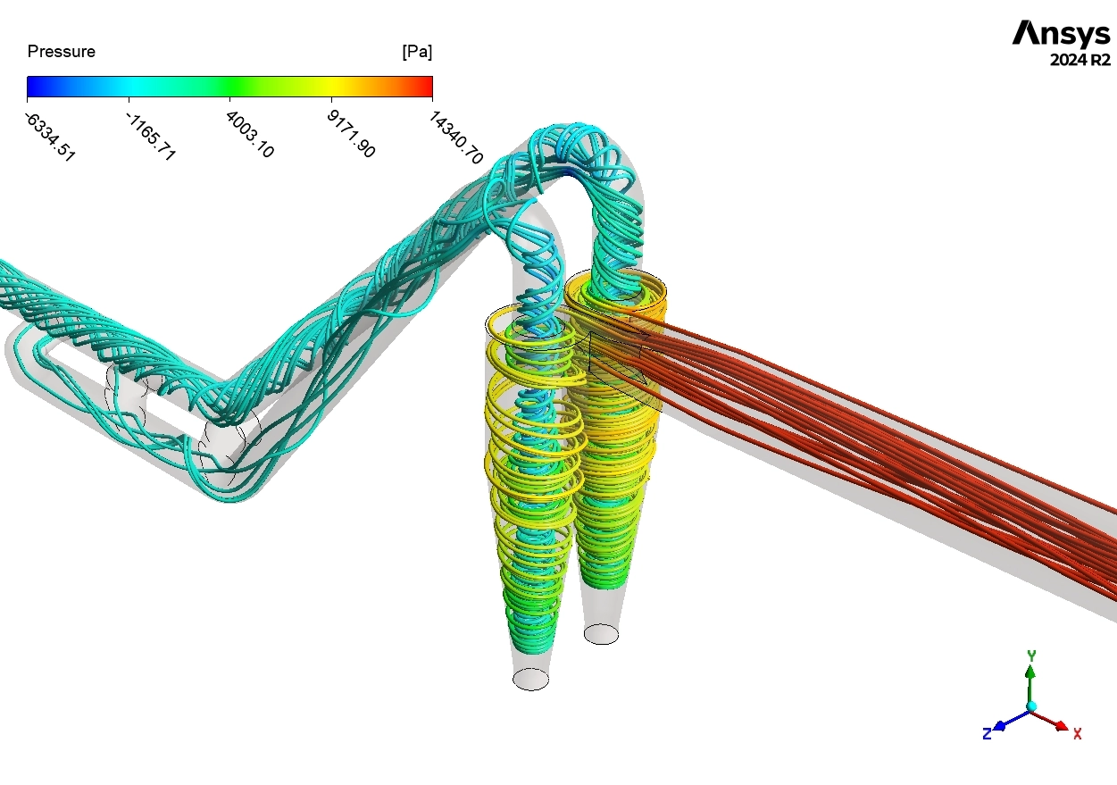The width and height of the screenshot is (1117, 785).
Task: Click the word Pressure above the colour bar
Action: [x=62, y=52]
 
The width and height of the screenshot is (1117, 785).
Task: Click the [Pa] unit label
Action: [x=417, y=52]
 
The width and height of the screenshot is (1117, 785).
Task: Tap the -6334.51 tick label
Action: [x=50, y=137]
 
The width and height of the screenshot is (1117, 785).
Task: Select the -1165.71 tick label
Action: [x=151, y=136]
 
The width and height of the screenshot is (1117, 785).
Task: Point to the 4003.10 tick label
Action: [x=250, y=134]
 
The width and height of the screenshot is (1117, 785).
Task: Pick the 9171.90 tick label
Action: [x=351, y=134]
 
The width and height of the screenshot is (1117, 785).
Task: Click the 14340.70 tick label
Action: [x=455, y=138]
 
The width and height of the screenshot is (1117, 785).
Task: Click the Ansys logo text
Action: [x=1061, y=33]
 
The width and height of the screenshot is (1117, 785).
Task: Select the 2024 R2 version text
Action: [x=1080, y=61]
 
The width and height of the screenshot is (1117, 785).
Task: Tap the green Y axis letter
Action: [x=1031, y=656]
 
